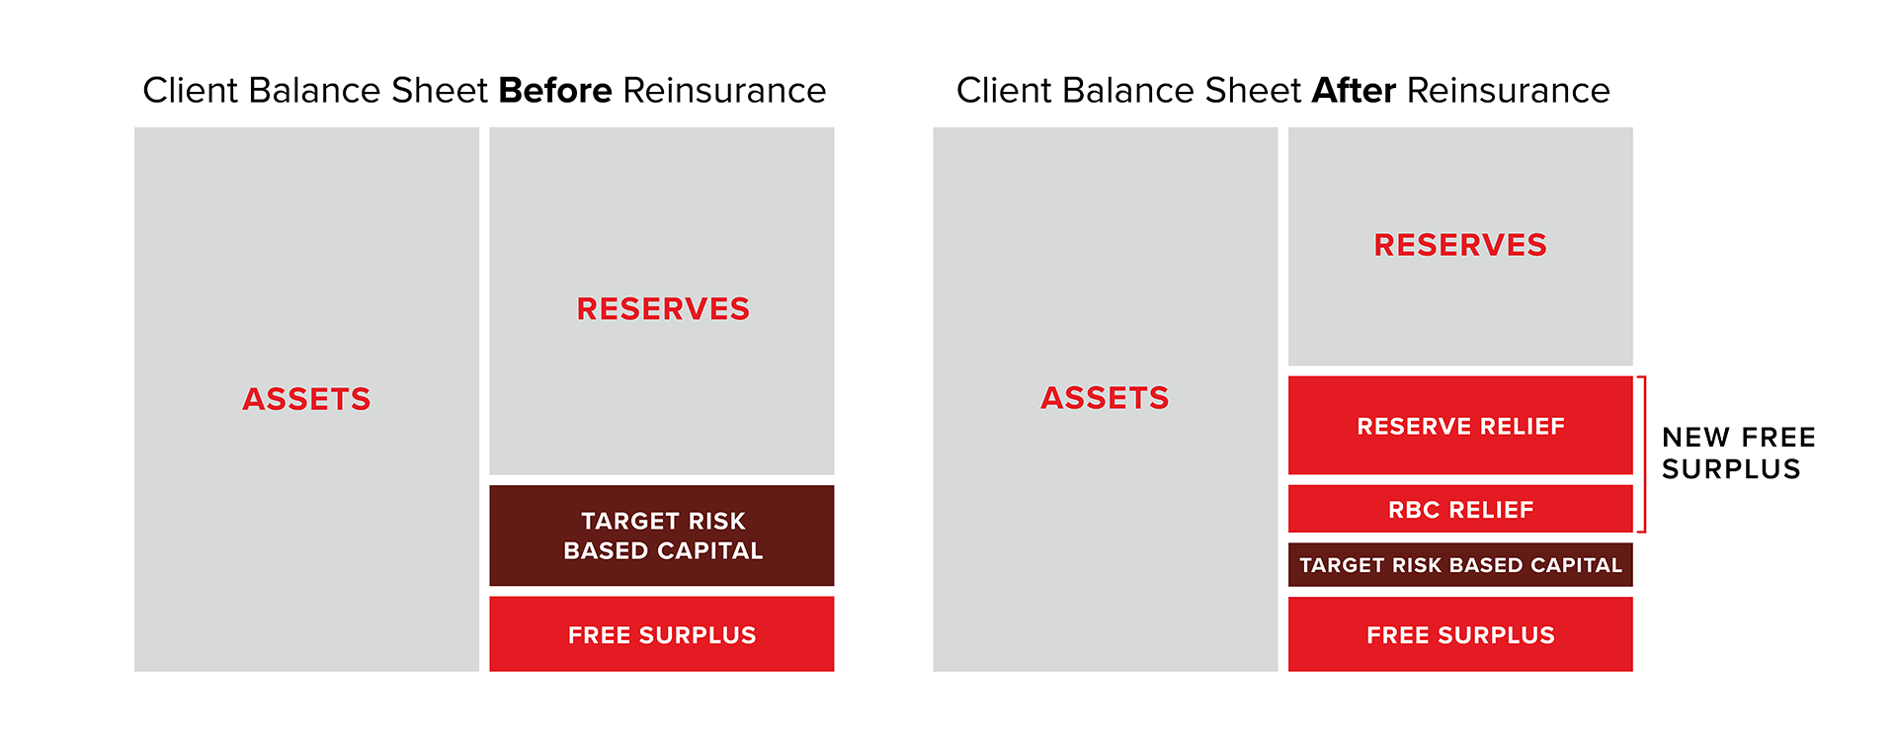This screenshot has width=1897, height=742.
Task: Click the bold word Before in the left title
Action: (x=555, y=91)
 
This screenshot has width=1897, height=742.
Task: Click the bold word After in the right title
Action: (x=1354, y=91)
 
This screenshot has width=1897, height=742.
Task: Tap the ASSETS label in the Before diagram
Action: (x=306, y=399)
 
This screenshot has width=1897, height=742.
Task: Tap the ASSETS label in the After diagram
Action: (x=1105, y=398)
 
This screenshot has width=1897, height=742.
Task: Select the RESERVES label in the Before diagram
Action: (x=663, y=309)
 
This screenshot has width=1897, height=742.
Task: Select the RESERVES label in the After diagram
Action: (x=1460, y=245)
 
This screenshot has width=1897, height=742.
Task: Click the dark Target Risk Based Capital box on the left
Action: (x=662, y=535)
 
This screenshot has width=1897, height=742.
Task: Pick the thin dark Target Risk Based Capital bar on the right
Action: (x=1460, y=565)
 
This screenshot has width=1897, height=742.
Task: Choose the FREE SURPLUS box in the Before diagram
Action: (x=662, y=634)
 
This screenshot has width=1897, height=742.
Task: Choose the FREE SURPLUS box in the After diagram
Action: (x=1460, y=634)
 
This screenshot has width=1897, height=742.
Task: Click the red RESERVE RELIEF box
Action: (x=1460, y=426)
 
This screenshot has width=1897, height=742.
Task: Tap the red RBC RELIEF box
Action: (x=1460, y=510)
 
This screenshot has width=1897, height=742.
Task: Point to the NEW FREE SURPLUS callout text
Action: (x=1737, y=453)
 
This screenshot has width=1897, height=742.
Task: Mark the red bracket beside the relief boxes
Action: (x=1643, y=454)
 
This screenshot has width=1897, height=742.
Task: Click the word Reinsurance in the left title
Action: (x=724, y=91)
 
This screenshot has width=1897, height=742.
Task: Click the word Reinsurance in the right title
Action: (x=1508, y=91)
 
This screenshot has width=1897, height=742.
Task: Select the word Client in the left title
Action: (x=191, y=91)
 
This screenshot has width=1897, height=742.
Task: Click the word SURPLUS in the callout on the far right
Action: (x=1731, y=469)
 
